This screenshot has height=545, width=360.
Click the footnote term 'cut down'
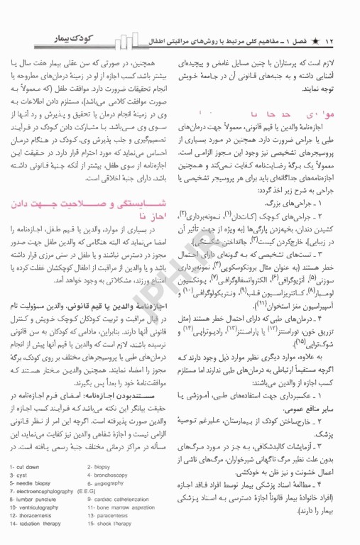coord(33,466)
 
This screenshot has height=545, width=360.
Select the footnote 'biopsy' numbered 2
coord(104,466)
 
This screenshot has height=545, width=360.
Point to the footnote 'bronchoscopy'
coord(113,475)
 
